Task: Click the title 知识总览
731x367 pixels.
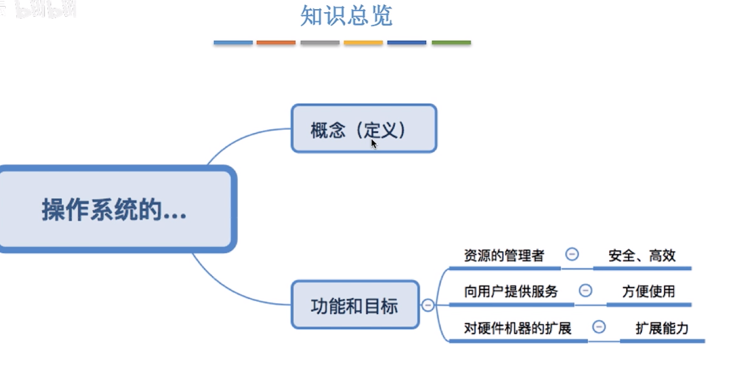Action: click(346, 16)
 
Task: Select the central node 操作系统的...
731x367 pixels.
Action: click(114, 209)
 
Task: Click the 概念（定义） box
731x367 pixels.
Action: click(364, 129)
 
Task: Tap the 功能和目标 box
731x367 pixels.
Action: click(354, 305)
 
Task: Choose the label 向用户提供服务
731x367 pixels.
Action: click(511, 292)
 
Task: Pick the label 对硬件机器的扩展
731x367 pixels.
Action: click(517, 328)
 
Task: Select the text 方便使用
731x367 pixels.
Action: click(648, 292)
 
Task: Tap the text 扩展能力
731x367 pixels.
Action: click(662, 328)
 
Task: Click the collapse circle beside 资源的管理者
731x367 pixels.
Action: click(572, 254)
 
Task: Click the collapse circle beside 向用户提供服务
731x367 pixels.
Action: click(585, 291)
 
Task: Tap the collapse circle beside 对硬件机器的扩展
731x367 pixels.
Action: click(599, 327)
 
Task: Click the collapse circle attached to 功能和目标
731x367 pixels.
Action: click(428, 305)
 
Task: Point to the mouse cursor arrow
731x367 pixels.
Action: click(374, 143)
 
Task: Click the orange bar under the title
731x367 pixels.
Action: click(276, 42)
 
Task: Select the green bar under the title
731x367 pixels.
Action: click(451, 42)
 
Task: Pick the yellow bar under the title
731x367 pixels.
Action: click(363, 42)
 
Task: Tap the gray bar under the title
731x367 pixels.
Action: click(320, 42)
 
